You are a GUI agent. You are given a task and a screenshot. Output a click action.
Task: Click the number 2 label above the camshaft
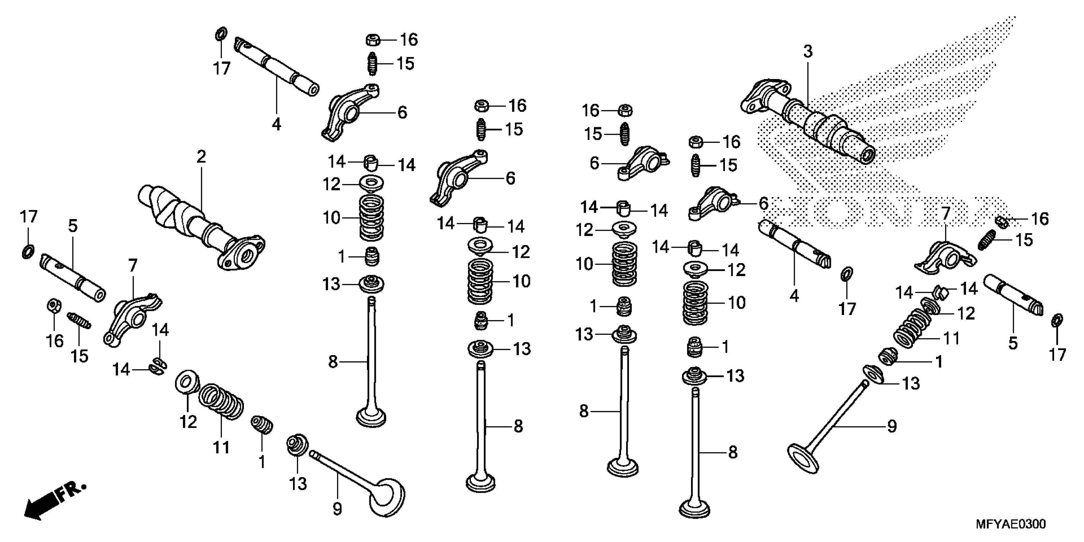click(x=201, y=157)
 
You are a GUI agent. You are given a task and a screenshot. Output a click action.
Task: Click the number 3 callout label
click(x=808, y=52)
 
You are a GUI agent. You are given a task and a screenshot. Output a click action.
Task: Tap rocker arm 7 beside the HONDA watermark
click(x=945, y=257)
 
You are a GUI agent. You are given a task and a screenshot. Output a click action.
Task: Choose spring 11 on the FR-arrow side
click(x=221, y=401)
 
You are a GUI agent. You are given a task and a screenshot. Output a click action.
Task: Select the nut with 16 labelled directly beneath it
click(x=54, y=305)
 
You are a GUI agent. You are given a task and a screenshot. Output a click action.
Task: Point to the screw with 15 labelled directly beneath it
click(x=79, y=321)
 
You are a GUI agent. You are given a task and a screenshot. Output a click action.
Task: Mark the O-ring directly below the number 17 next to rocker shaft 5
click(x=28, y=252)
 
